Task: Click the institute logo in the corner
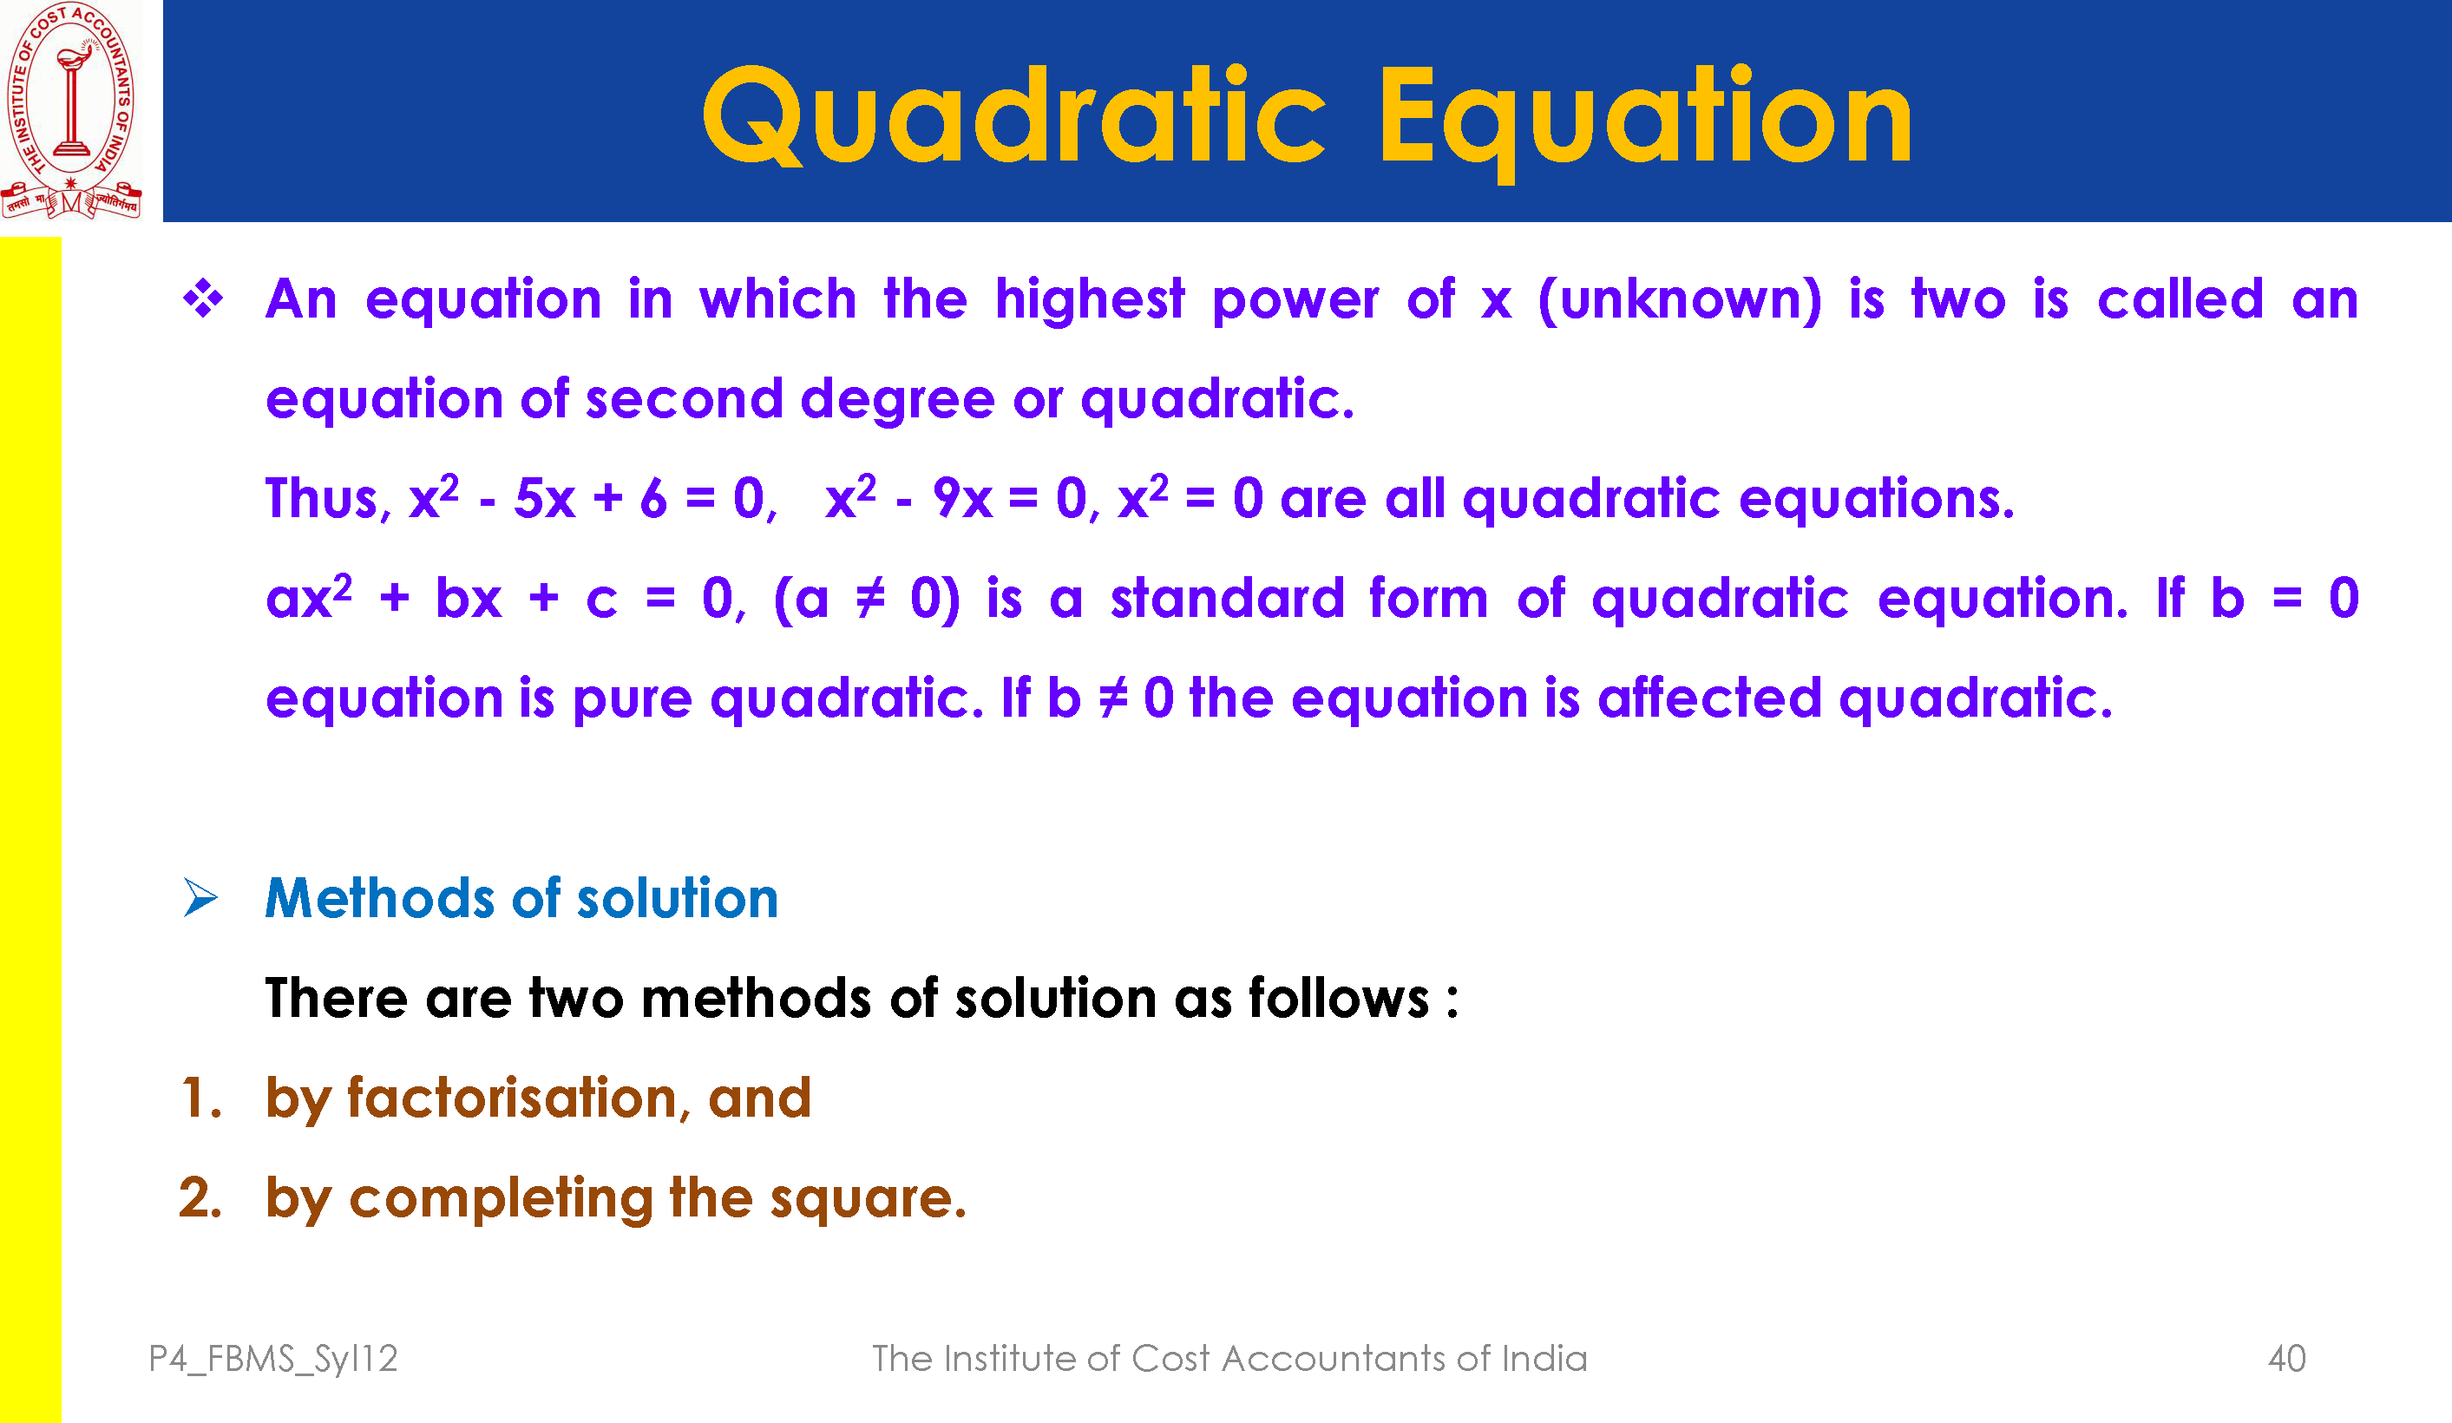click(x=71, y=110)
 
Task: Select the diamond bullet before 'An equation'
click(x=203, y=298)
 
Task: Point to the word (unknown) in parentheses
click(x=1681, y=299)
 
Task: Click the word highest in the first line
click(x=1090, y=299)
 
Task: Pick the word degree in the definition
click(x=897, y=401)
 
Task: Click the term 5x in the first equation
click(x=545, y=498)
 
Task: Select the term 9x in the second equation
click(x=962, y=498)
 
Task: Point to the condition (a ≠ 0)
click(x=867, y=599)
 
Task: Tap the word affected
click(x=1709, y=698)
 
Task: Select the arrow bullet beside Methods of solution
click(x=200, y=897)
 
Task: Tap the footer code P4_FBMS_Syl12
click(x=273, y=1359)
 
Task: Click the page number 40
click(x=2286, y=1359)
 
